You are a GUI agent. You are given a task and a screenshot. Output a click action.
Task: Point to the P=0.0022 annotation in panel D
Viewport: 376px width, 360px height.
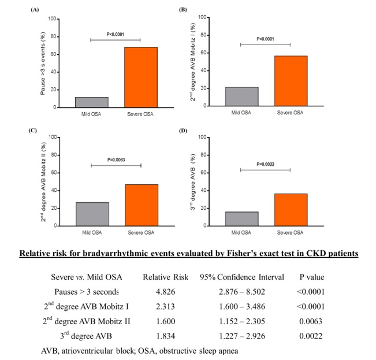pos(265,164)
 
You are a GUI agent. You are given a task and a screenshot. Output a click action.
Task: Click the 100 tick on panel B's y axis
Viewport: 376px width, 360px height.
pos(203,17)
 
